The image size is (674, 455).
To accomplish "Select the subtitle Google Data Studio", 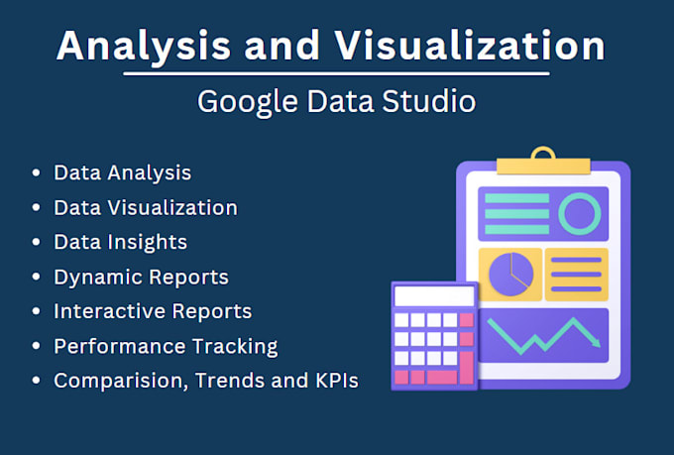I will (x=336, y=102).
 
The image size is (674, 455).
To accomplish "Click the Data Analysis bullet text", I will (x=123, y=172).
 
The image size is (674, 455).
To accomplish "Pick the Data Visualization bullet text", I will (x=146, y=207).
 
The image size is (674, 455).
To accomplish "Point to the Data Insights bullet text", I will (x=120, y=242).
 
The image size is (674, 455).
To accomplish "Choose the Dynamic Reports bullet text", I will (x=142, y=277).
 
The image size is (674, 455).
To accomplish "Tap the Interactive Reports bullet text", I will (x=153, y=311).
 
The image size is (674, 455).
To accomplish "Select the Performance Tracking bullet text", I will (x=166, y=346).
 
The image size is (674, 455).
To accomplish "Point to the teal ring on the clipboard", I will (x=579, y=212).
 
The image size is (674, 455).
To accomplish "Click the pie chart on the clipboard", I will (x=510, y=275).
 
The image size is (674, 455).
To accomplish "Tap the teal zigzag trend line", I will (x=542, y=334).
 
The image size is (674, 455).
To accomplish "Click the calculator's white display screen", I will (x=434, y=296).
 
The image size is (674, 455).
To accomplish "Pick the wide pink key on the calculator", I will (x=442, y=377).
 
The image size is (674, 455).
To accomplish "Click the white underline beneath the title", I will (x=337, y=73).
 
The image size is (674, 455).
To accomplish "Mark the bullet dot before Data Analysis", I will (x=37, y=173).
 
